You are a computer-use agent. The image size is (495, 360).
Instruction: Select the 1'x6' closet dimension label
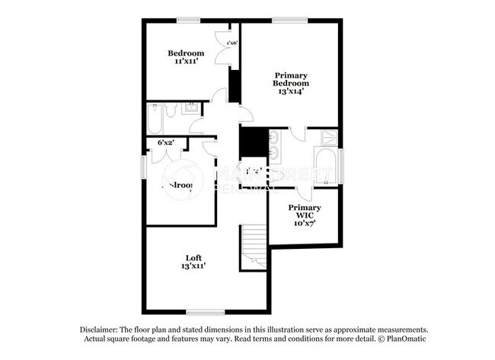[232, 43]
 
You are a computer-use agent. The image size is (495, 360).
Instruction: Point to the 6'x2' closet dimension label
[165, 142]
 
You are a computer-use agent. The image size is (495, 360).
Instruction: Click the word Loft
[193, 256]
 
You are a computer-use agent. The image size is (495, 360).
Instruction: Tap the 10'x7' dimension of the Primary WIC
[302, 225]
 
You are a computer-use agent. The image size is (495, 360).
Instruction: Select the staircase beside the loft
[253, 248]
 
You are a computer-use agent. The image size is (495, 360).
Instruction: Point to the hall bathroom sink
[193, 109]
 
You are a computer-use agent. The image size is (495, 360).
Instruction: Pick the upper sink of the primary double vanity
[274, 139]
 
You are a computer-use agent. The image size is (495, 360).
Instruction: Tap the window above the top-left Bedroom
[188, 21]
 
